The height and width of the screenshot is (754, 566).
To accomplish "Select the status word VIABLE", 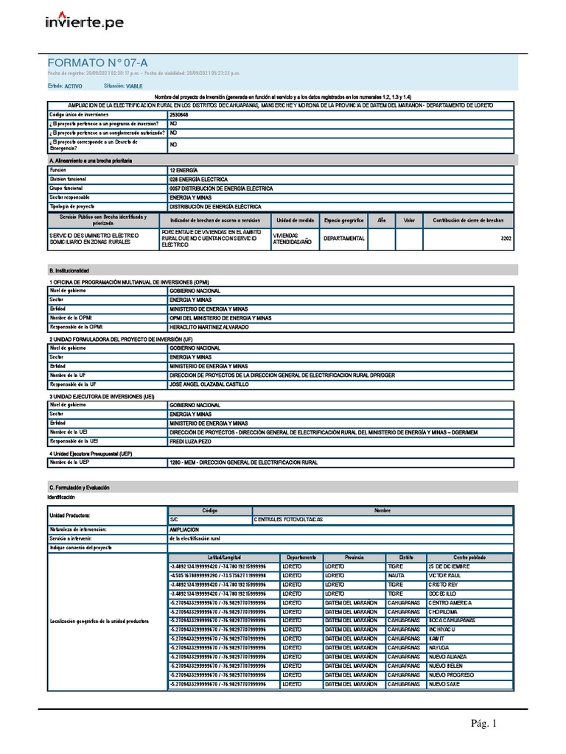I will coord(134,86).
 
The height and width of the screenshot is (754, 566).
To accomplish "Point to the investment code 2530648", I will coord(178,116).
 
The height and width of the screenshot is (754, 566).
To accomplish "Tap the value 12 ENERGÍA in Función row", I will coord(184,169).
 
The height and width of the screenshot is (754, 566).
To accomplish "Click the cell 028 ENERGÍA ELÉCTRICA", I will coord(198,179).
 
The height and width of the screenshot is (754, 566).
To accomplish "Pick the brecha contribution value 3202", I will coord(506,239).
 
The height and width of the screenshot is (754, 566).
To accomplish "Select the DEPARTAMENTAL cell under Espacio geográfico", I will coord(344,239).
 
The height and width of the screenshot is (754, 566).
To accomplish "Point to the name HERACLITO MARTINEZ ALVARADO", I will coord(209,326).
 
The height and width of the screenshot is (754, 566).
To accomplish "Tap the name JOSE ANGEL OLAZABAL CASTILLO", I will coord(209,384).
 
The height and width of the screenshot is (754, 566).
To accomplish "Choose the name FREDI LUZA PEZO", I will coord(192,441).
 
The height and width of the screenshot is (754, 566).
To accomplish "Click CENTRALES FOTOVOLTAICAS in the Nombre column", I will coord(288,520).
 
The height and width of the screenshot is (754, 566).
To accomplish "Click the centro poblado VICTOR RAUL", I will coord(444,576).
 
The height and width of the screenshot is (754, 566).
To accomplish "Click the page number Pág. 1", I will coord(484,724).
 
